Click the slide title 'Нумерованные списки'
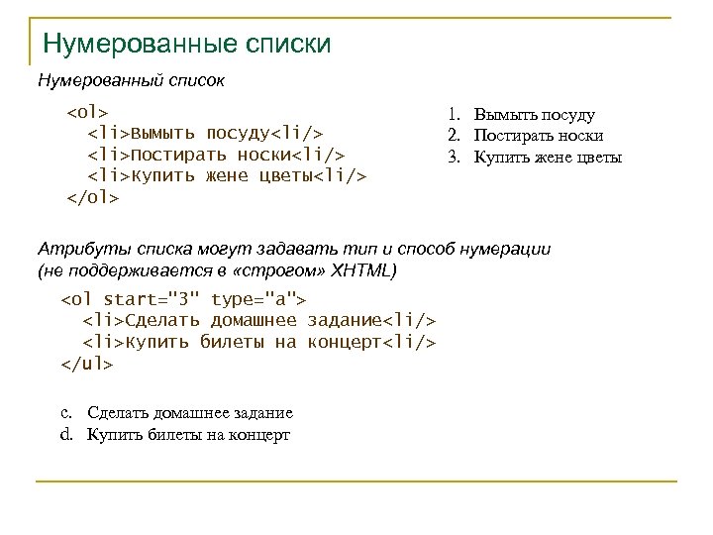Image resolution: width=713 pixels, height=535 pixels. coord(187,45)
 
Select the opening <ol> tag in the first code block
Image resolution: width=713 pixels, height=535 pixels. coord(87,111)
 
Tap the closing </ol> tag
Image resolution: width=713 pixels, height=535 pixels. coord(92,197)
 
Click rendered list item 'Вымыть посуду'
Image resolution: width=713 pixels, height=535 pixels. coord(534,116)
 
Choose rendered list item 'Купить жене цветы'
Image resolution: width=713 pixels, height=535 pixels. coord(548,157)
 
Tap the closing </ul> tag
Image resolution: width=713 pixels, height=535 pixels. coord(87,364)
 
